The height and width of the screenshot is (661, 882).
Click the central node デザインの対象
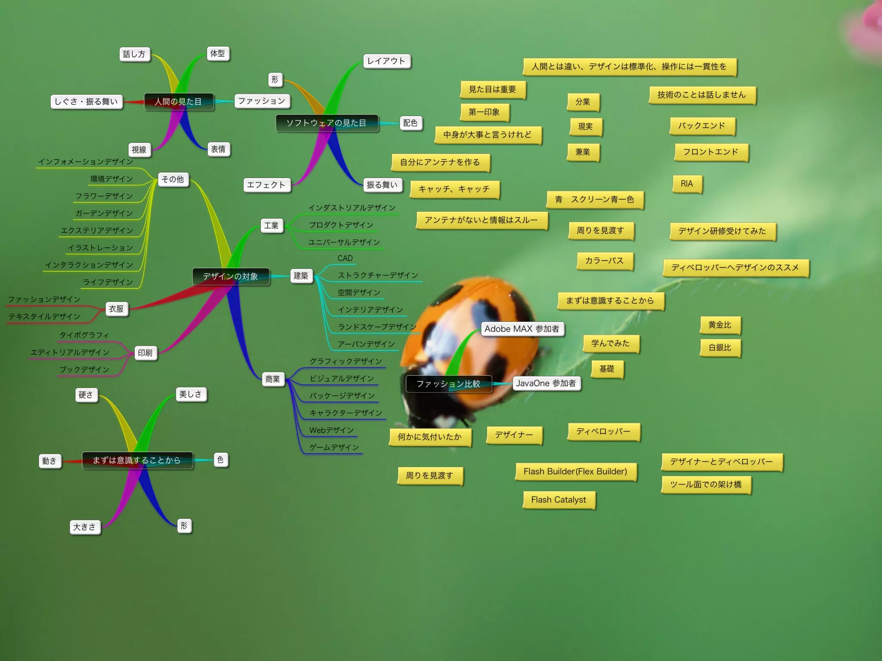click(230, 276)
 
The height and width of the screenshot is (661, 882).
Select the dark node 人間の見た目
click(178, 102)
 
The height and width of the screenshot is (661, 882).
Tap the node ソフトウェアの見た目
click(326, 123)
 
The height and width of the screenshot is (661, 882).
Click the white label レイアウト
click(386, 61)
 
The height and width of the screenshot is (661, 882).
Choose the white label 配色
click(410, 123)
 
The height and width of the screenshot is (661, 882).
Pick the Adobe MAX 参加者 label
click(522, 329)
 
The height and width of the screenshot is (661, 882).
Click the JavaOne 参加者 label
click(546, 383)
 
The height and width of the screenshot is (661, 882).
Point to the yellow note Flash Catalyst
click(559, 500)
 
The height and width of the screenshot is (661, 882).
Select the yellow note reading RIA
click(687, 184)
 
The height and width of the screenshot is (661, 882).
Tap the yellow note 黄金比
click(720, 325)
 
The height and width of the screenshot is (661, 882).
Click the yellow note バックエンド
click(702, 126)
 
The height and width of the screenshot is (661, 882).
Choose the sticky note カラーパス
click(604, 261)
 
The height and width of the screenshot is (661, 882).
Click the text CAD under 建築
click(345, 258)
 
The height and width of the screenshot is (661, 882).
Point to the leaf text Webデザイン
click(331, 430)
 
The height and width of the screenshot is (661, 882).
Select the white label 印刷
click(145, 353)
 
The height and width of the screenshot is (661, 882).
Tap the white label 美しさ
click(190, 394)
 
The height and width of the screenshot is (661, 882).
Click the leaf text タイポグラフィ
click(84, 335)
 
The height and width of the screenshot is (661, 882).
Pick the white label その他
click(173, 179)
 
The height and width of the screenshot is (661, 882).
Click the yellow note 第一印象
click(484, 112)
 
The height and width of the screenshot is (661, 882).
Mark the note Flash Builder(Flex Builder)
click(575, 472)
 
